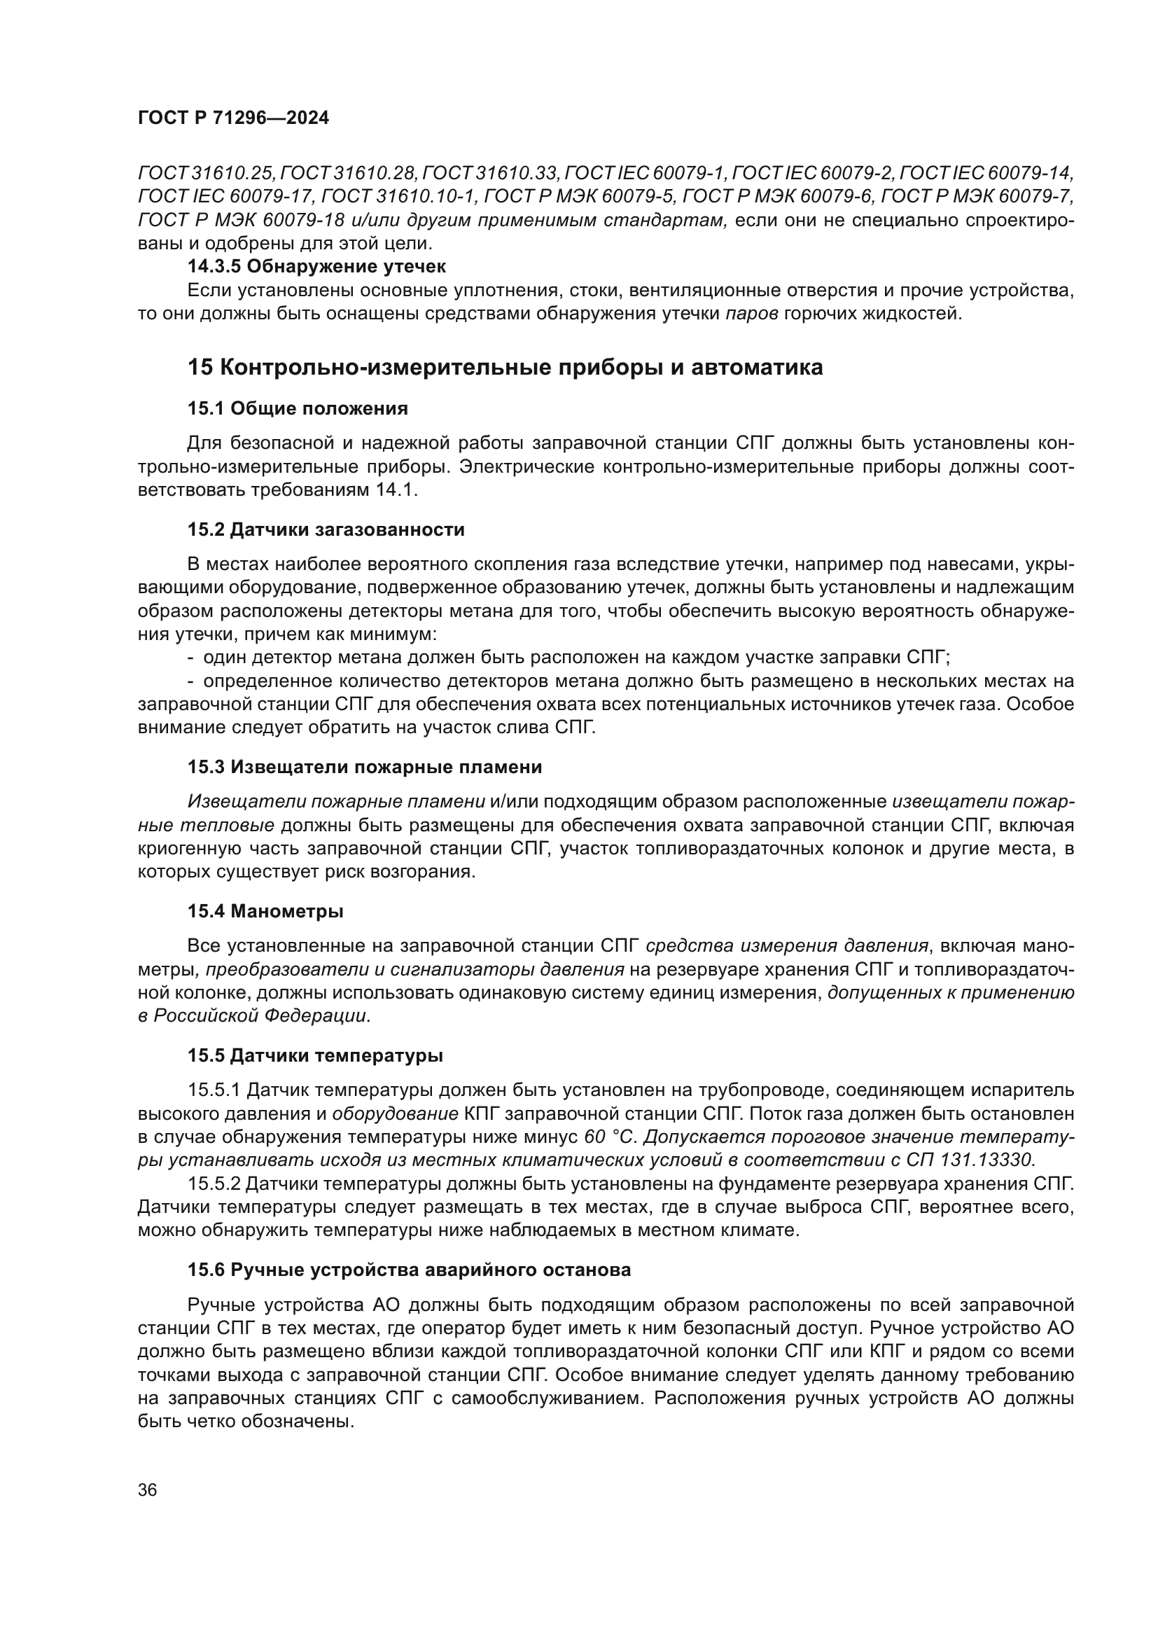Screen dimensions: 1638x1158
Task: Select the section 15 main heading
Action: pyautogui.click(x=505, y=368)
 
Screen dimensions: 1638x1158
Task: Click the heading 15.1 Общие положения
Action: pyautogui.click(x=298, y=409)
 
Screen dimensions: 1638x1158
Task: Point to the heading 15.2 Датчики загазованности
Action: pyautogui.click(x=326, y=529)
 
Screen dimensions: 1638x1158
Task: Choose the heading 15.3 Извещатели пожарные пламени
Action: pyautogui.click(x=364, y=767)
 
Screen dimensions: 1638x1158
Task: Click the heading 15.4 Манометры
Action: pyautogui.click(x=265, y=911)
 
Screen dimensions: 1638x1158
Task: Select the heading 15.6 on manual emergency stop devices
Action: pyautogui.click(x=410, y=1270)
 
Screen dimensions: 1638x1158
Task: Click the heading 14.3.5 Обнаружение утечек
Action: pyautogui.click(x=316, y=267)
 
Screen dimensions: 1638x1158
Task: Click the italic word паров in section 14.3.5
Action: pyautogui.click(x=751, y=313)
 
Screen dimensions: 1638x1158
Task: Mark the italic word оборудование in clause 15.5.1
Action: pyautogui.click(x=395, y=1113)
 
